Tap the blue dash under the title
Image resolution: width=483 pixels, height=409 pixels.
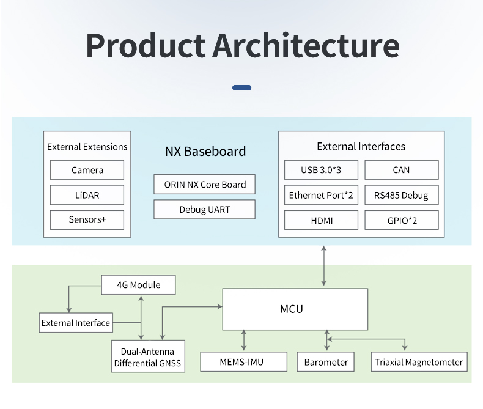point(242,87)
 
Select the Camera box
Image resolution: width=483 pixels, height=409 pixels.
point(87,170)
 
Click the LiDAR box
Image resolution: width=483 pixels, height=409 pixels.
point(87,195)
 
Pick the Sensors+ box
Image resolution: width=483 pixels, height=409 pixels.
point(87,219)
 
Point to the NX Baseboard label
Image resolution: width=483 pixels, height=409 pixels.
point(205,151)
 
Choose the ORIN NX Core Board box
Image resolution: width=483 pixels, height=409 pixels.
point(205,185)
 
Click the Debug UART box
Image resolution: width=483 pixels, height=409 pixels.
point(205,209)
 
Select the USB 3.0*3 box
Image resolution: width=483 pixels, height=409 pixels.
point(321,170)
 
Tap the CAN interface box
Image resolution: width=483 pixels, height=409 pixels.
point(401,170)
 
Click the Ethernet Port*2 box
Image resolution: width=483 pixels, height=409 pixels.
point(321,196)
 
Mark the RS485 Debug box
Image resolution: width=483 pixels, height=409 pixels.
point(401,196)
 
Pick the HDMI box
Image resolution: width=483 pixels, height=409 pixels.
point(321,220)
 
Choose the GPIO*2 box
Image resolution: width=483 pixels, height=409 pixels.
point(401,220)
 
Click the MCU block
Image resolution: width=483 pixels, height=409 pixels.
point(295,309)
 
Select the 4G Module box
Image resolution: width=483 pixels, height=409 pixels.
point(138,285)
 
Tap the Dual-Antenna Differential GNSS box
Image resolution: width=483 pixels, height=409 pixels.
point(147,357)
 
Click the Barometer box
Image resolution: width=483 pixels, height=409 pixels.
point(326,362)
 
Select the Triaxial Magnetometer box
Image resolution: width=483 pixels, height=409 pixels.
point(419,362)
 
